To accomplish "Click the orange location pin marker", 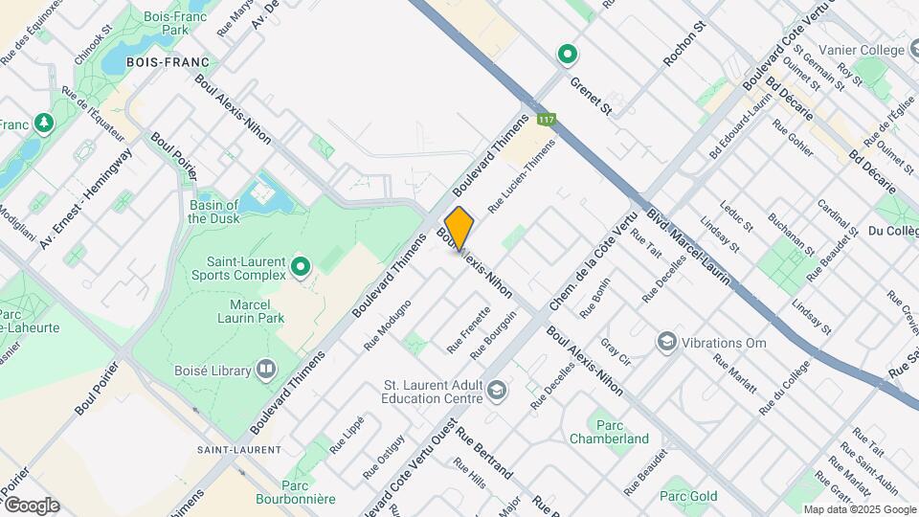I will point(459,228).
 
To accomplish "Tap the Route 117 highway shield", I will point(547,120).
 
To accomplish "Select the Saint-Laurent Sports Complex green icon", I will point(302,266).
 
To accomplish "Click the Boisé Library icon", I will point(265,370).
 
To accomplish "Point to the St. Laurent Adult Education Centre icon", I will point(496,389).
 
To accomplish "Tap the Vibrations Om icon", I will point(665,341).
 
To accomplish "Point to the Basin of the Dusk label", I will point(213,212).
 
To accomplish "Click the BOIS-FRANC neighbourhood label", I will point(173,62).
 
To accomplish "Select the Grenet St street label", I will point(591,96).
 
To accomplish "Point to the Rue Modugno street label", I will point(388,324).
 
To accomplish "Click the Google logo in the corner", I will point(31,505).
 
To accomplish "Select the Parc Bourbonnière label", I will point(295,492).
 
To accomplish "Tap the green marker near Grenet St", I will point(567,54).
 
